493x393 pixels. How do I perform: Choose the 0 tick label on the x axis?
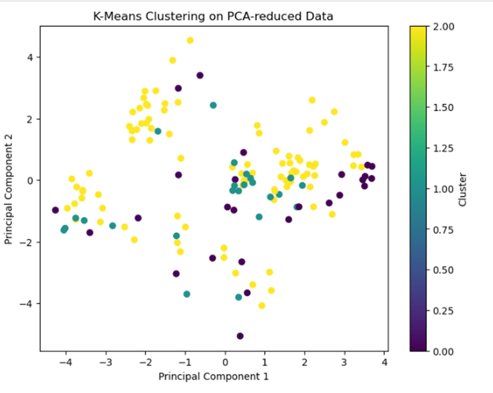(x=226, y=362)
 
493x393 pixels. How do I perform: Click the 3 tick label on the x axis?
(x=345, y=362)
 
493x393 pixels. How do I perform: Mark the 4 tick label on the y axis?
(x=30, y=58)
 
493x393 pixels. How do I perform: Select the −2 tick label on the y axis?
(x=27, y=242)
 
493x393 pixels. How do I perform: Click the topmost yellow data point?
(x=190, y=40)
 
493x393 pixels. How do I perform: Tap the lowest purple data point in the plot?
(x=240, y=336)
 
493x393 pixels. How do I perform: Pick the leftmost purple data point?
(x=56, y=210)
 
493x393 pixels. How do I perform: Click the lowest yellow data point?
(x=261, y=305)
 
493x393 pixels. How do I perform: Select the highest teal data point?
(x=213, y=105)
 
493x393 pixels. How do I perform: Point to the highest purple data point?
(x=200, y=75)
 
